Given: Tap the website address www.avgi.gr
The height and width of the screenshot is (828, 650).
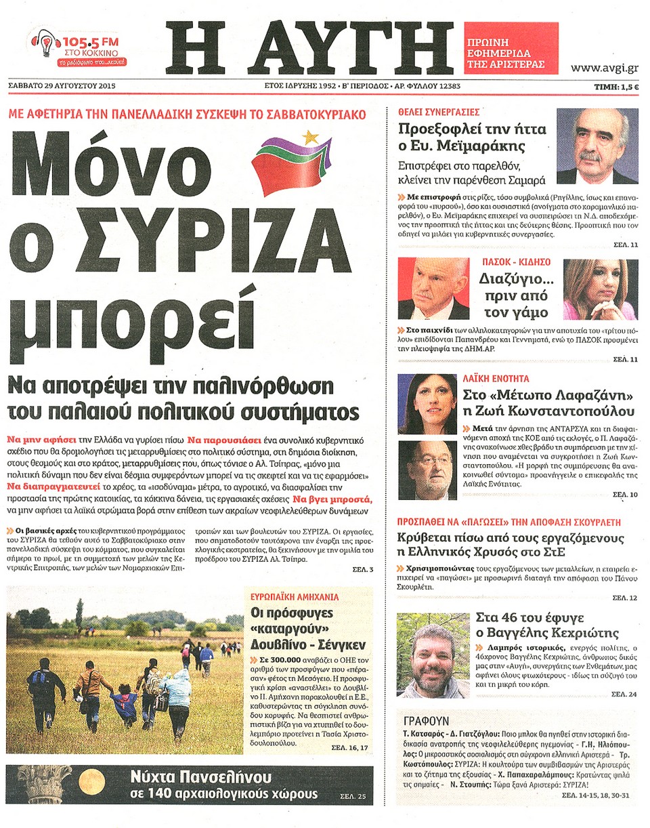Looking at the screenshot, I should pos(605,67).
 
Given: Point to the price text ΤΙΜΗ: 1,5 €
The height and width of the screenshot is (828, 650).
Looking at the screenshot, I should pos(617,87).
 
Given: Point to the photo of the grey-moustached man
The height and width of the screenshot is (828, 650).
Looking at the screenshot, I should pos(597,146).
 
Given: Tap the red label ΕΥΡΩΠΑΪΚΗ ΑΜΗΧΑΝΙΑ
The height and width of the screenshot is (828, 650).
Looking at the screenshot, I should pos(291,597).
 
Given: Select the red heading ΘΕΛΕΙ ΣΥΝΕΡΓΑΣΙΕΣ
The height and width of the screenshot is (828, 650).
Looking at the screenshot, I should pos(439,112).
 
